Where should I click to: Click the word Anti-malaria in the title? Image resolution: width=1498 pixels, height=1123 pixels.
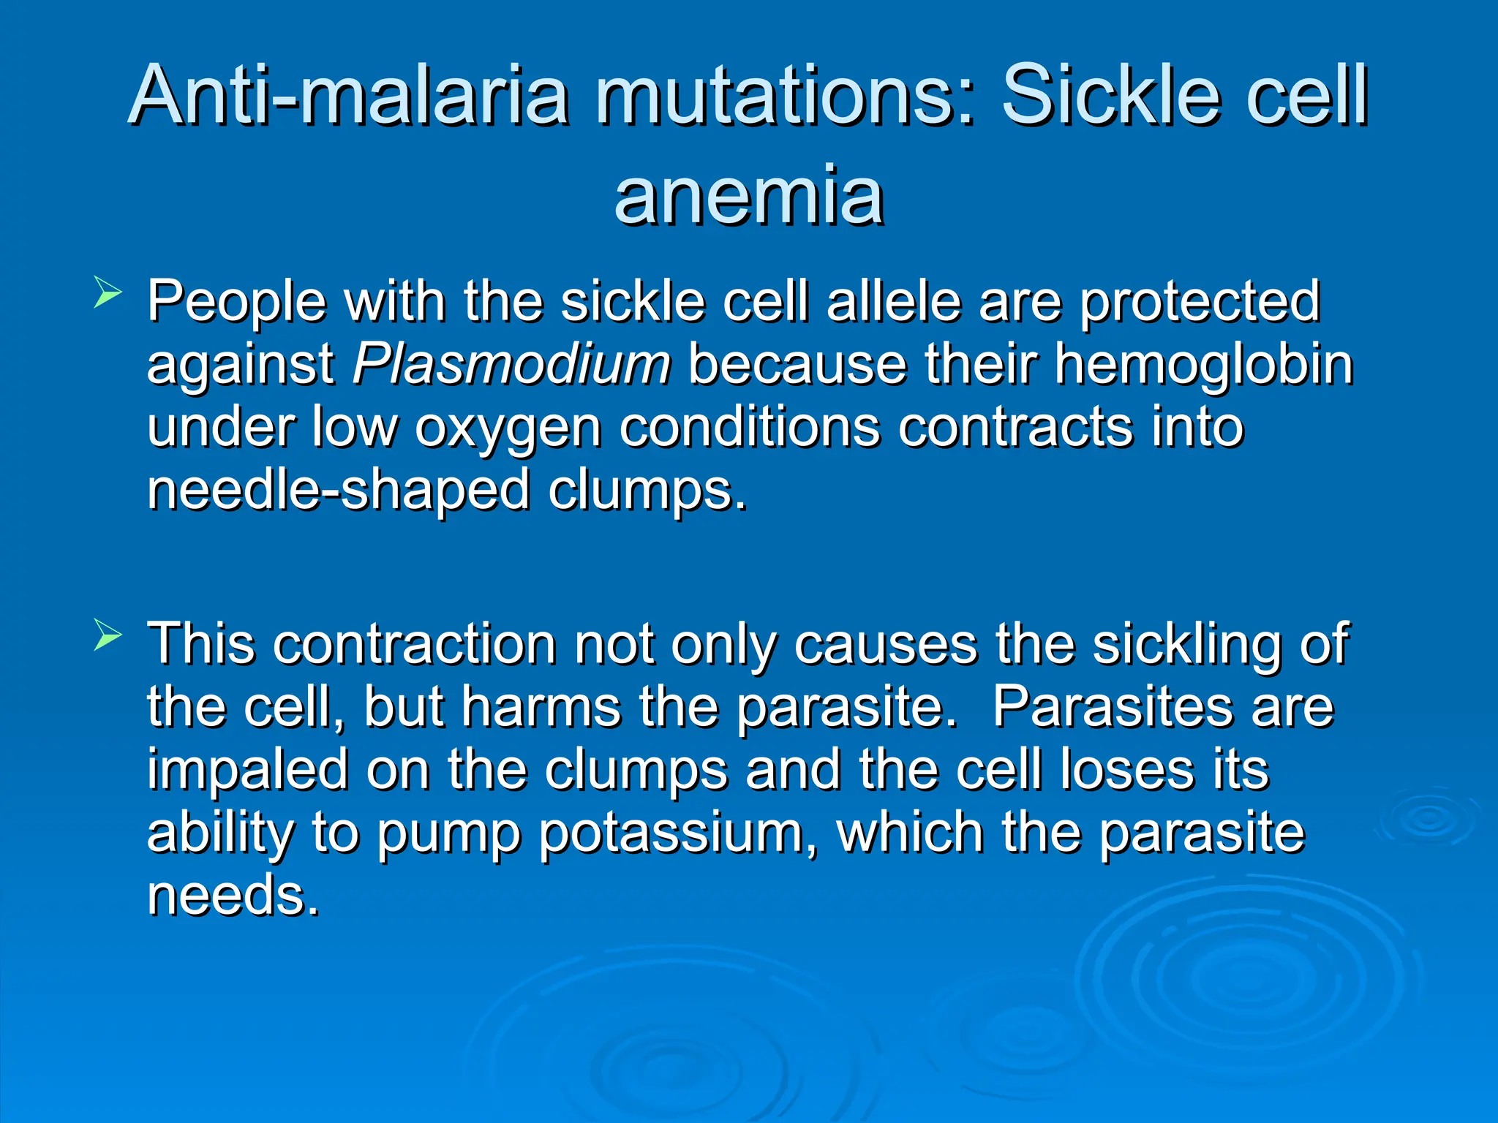(349, 96)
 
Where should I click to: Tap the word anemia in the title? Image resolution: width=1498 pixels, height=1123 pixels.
(749, 196)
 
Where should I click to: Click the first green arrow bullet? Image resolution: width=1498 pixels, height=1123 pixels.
(108, 295)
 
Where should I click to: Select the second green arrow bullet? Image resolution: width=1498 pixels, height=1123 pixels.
(108, 637)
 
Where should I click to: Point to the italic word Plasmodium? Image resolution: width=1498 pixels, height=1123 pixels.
(511, 363)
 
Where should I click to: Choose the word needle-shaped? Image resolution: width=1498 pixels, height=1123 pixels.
(338, 490)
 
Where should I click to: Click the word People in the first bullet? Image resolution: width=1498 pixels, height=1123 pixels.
(236, 301)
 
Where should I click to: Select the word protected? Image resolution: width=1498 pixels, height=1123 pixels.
(1200, 301)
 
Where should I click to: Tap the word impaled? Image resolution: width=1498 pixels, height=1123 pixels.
(247, 771)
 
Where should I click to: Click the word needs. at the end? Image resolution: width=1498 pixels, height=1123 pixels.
(233, 895)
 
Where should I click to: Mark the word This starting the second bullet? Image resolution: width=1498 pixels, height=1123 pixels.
(202, 643)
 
